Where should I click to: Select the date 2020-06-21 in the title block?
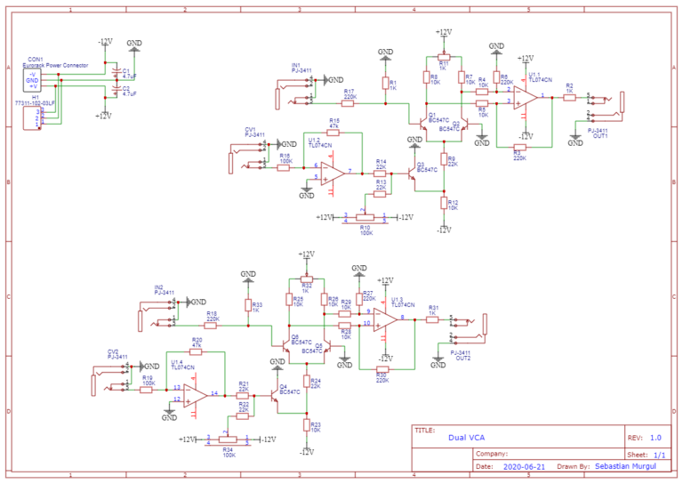pyautogui.click(x=525, y=465)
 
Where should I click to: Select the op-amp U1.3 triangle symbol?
pyautogui.click(x=385, y=317)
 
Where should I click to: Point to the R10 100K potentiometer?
pyautogui.click(x=364, y=217)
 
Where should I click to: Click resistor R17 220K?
pyautogui.click(x=349, y=102)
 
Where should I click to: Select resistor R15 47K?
pyautogui.click(x=333, y=132)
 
